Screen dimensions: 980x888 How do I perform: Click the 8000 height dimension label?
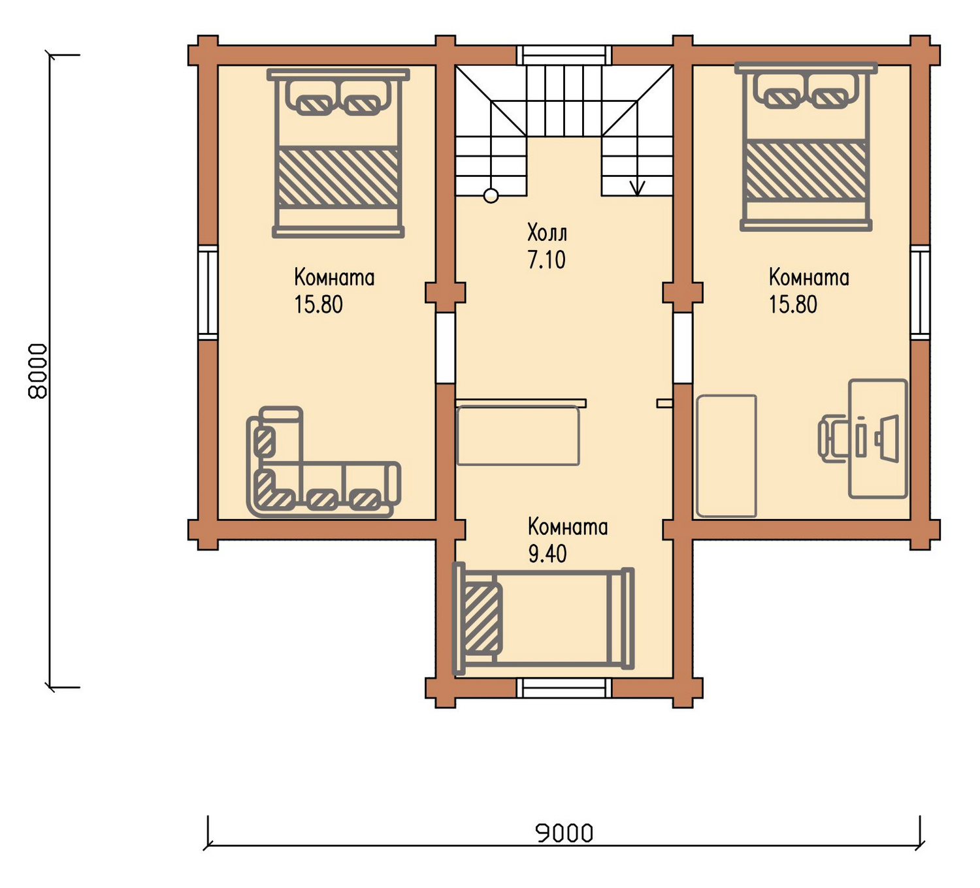tap(38, 371)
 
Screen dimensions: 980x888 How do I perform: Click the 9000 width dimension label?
tap(564, 833)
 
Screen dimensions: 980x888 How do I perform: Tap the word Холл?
tap(547, 233)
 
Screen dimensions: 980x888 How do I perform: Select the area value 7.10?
tap(547, 259)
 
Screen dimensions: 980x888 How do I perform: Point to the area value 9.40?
tap(547, 554)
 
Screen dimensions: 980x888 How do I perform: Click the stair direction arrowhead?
tap(637, 189)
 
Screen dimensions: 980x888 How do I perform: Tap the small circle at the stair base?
tap(491, 197)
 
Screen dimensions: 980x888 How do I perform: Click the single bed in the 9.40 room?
tap(544, 619)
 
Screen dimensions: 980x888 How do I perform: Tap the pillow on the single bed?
tap(482, 618)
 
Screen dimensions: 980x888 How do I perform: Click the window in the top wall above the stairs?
tap(564, 55)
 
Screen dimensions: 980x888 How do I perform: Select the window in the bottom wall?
tap(564, 689)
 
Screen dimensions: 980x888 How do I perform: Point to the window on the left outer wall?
tap(208, 292)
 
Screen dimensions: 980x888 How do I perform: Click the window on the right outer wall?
tap(920, 292)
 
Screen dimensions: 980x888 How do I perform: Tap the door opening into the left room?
tap(445, 347)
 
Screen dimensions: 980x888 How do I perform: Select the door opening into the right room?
tap(683, 347)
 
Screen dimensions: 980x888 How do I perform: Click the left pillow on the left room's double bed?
tap(314, 104)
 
